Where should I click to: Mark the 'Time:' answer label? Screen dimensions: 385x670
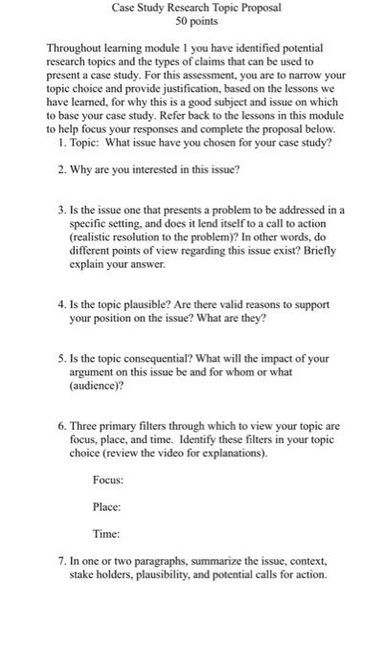coord(106,533)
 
